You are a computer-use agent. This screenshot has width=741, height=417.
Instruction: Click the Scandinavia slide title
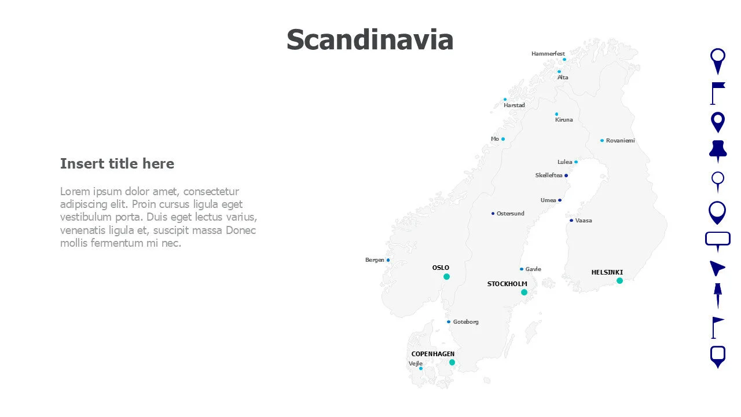tap(370, 40)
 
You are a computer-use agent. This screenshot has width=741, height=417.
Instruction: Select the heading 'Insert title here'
tap(117, 164)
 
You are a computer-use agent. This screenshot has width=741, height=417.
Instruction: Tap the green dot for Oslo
tap(446, 277)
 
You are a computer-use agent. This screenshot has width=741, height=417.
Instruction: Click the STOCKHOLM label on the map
tap(507, 284)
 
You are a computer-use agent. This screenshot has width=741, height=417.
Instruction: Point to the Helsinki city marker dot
tap(619, 281)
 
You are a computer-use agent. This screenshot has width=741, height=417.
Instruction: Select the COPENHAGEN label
tap(432, 354)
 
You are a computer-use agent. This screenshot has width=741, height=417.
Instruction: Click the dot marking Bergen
tap(388, 260)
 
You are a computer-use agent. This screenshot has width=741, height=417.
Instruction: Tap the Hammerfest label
tap(548, 54)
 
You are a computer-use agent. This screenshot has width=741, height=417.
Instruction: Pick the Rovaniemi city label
tap(620, 141)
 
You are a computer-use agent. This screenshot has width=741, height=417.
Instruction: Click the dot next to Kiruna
tap(557, 114)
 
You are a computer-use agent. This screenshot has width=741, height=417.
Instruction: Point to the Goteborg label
tap(465, 322)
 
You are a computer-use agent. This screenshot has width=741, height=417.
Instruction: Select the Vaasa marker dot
tap(571, 221)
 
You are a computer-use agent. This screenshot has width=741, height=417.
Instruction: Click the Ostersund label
tap(510, 214)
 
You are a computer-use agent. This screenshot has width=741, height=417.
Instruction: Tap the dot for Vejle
tap(421, 368)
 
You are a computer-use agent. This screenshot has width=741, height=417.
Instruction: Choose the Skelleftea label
tap(549, 175)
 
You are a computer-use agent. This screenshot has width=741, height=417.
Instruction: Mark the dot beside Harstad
tap(505, 99)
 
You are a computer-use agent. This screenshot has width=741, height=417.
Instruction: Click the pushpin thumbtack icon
tap(718, 151)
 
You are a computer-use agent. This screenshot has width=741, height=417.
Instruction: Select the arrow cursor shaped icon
tap(717, 268)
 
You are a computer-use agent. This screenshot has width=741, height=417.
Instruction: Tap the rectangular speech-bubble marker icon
tap(718, 240)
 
